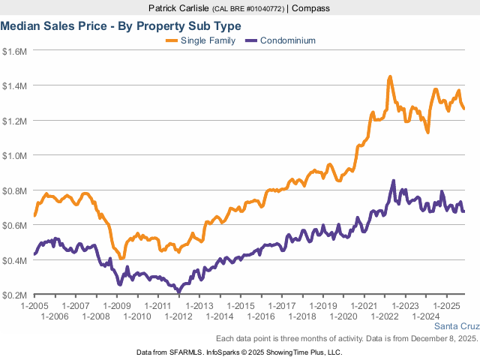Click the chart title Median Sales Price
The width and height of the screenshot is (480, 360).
tap(120, 25)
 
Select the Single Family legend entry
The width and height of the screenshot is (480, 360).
tap(208, 40)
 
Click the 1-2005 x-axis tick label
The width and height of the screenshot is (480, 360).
tap(34, 306)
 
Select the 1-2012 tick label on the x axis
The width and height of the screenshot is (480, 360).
tap(178, 316)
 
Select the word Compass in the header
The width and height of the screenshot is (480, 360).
tap(310, 8)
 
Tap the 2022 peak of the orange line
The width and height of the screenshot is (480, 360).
tap(390, 77)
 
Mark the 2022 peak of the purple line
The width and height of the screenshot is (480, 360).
tap(393, 181)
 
